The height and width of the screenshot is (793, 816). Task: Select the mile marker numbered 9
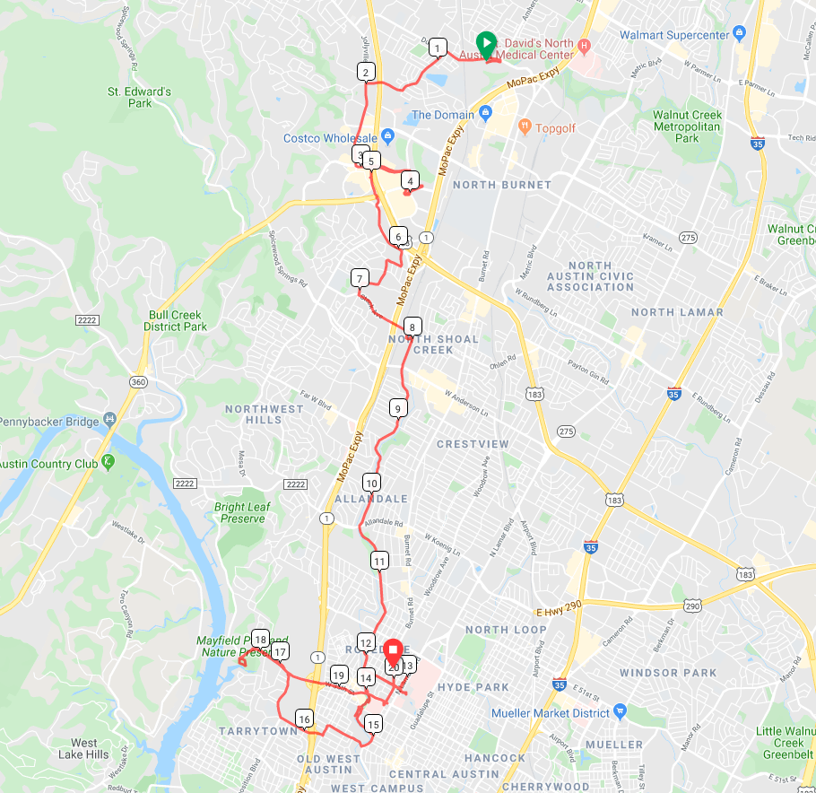tap(397, 409)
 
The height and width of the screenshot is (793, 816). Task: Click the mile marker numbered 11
tap(379, 561)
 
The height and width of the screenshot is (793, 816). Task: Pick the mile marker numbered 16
tap(304, 719)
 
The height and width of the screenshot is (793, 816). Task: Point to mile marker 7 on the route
tap(360, 277)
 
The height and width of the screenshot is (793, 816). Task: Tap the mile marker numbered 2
tap(365, 72)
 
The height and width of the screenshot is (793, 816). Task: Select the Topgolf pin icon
tap(525, 127)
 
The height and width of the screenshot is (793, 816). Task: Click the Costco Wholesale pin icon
tap(387, 137)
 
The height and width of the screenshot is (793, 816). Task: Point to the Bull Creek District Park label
tap(175, 321)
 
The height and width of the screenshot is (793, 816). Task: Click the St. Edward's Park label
tap(139, 97)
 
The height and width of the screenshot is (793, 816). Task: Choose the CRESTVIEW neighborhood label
tap(473, 444)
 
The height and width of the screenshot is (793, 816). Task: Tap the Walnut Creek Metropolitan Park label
tap(687, 126)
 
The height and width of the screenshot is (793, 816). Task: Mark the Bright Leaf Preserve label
tap(242, 512)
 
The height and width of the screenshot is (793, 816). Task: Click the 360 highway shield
tap(137, 382)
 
